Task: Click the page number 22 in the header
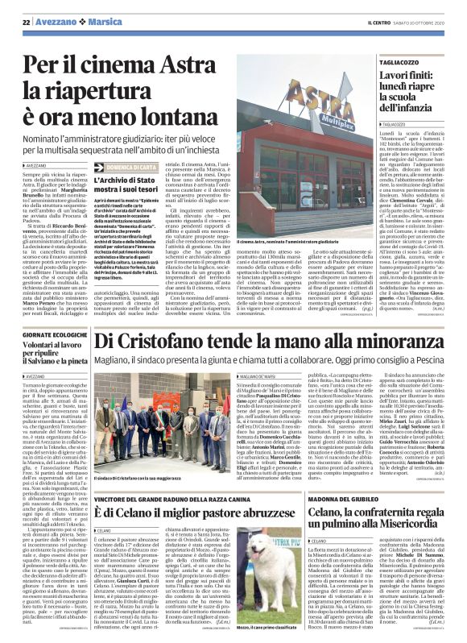coord(24,22)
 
